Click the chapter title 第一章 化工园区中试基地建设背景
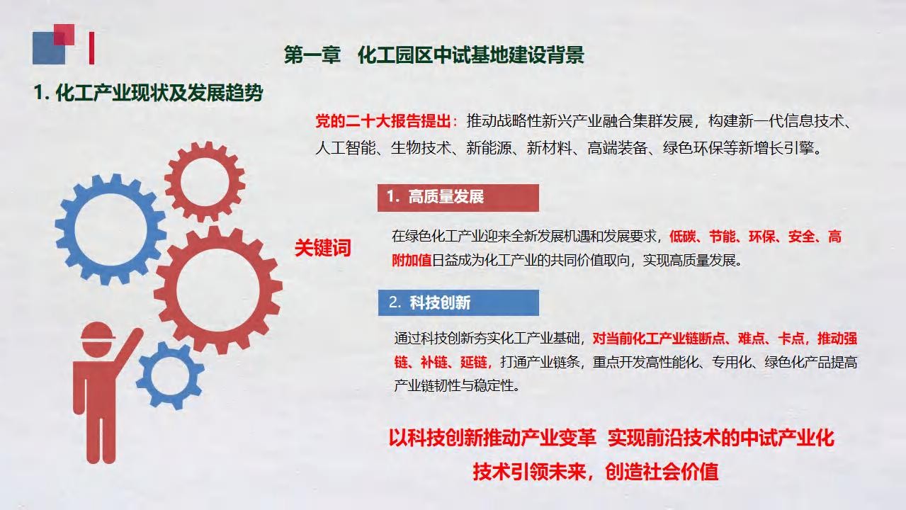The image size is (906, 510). pyautogui.click(x=434, y=55)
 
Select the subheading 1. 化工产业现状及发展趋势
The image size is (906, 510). pyautogui.click(x=148, y=93)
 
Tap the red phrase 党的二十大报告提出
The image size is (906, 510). pyautogui.click(x=383, y=121)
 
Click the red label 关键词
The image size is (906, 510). pyautogui.click(x=323, y=247)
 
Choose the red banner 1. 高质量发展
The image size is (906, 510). pyautogui.click(x=458, y=198)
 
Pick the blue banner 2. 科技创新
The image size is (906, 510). pyautogui.click(x=458, y=302)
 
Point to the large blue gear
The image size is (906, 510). pyautogui.click(x=111, y=229)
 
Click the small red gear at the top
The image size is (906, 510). pyautogui.click(x=205, y=182)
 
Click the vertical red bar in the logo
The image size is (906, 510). pyautogui.click(x=92, y=48)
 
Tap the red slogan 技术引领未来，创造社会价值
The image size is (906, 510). pyautogui.click(x=595, y=472)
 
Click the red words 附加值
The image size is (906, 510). pyautogui.click(x=412, y=261)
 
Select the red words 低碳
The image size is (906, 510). pyautogui.click(x=682, y=237)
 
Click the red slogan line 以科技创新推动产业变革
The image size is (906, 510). pyautogui.click(x=492, y=438)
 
